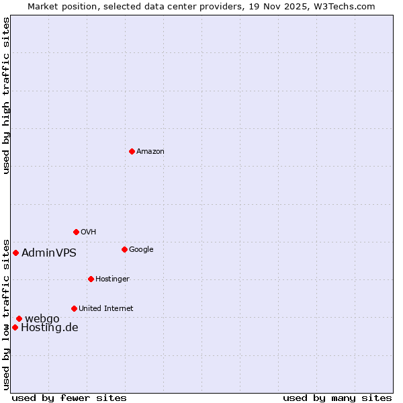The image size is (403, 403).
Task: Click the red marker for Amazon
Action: [132, 151]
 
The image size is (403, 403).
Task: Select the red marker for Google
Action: [124, 249]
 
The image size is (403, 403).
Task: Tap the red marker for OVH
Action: [76, 232]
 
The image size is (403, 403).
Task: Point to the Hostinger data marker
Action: [91, 279]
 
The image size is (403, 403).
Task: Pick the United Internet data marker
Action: [74, 308]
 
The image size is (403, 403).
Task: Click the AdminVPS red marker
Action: [15, 253]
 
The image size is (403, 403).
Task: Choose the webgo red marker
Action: [19, 318]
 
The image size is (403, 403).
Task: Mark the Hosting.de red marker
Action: [15, 327]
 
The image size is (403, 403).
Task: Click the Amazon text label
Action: [150, 152]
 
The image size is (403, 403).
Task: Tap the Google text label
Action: [141, 250]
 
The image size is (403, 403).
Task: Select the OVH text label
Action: [88, 232]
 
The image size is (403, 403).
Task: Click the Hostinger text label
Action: [112, 279]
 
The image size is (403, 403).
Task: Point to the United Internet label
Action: [106, 309]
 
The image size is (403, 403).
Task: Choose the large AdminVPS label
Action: [49, 253]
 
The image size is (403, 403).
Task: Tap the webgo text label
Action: [42, 318]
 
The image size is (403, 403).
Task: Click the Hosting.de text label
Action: [50, 328]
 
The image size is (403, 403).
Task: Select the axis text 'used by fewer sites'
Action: [69, 398]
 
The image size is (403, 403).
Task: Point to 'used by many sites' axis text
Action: [337, 398]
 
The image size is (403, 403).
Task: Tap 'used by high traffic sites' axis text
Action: [6, 95]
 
